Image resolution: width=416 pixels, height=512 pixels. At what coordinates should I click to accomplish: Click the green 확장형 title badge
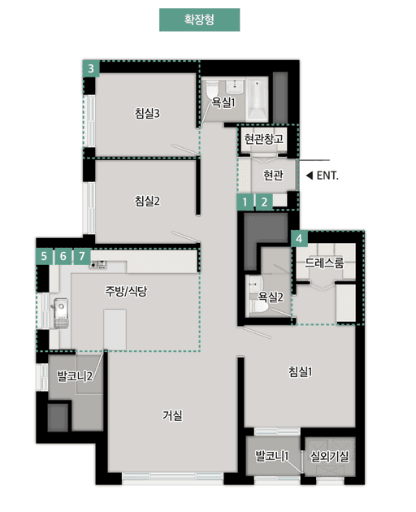click(199, 20)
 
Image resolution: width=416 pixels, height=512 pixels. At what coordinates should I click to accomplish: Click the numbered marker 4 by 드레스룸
click(301, 239)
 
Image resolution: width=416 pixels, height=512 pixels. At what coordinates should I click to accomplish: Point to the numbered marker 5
click(44, 256)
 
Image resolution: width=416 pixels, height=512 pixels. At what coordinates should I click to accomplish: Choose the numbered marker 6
click(63, 256)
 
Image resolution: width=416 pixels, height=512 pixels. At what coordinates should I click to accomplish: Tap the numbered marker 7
click(81, 256)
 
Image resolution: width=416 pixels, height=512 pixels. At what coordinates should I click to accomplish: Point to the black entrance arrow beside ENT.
click(309, 175)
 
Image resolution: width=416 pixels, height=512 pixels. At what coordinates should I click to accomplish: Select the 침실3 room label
click(147, 114)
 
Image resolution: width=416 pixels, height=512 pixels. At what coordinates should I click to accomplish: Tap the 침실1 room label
click(300, 371)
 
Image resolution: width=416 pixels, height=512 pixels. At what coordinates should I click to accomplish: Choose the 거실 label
click(172, 415)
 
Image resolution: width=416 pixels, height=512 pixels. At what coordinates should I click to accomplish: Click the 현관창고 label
click(263, 139)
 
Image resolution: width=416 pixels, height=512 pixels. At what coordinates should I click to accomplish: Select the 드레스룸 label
click(324, 263)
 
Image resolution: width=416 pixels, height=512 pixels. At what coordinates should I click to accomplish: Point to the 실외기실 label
click(329, 457)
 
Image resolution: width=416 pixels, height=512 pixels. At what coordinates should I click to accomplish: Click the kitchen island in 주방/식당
click(115, 331)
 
